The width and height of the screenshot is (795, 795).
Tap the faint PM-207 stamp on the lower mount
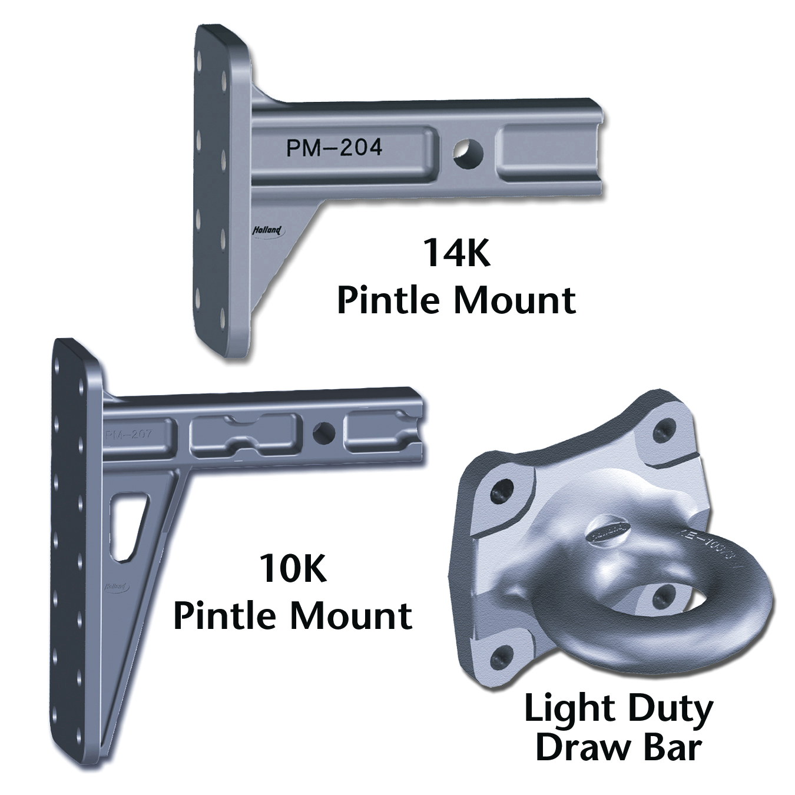point(128,435)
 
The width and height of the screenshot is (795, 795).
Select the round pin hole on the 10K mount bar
point(323,433)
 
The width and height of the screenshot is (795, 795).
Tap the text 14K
point(457,253)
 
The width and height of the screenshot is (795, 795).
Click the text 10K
point(293,569)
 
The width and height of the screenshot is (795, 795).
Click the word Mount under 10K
point(351,615)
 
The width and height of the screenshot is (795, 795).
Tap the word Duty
point(675,710)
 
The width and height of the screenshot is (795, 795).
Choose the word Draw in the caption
point(580,747)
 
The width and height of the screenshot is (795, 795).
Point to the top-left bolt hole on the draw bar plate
point(503,489)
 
